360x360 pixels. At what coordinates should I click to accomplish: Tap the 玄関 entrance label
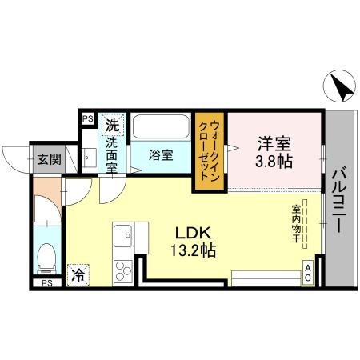[x=44, y=158]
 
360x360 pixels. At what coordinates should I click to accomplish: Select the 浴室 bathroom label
[x=162, y=155]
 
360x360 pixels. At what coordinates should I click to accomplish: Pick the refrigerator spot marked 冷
[x=78, y=274]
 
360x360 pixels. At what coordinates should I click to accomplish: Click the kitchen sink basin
[x=123, y=237]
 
